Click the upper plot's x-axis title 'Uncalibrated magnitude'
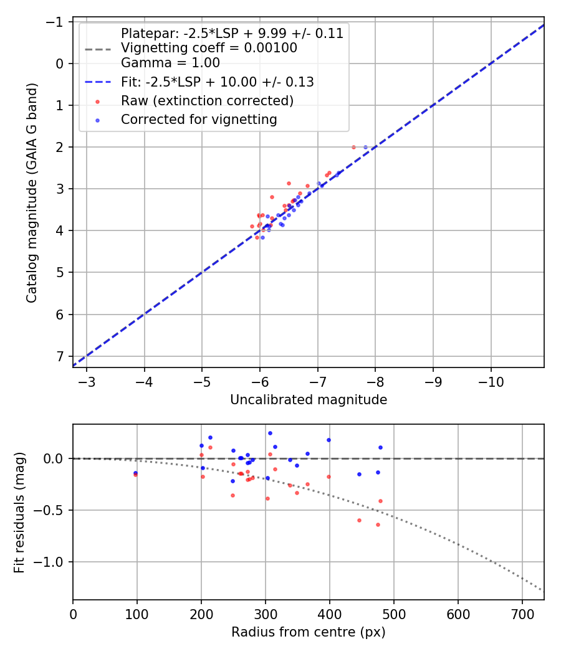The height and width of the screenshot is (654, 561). click(x=309, y=400)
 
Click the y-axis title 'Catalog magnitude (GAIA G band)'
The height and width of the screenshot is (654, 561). click(x=32, y=192)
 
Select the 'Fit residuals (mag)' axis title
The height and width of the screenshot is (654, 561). click(x=19, y=512)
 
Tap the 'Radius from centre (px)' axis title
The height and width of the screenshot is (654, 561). click(x=309, y=632)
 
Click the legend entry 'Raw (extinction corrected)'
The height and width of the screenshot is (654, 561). click(x=207, y=100)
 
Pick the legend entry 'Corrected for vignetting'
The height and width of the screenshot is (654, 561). click(x=199, y=119)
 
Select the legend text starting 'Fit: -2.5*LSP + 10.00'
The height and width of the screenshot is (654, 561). click(x=217, y=82)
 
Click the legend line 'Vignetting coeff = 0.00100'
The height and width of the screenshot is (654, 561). click(x=209, y=48)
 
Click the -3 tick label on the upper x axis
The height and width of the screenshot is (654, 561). click(x=87, y=380)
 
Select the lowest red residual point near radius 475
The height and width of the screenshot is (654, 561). click(x=378, y=524)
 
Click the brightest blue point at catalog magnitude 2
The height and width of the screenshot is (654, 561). click(x=365, y=147)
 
